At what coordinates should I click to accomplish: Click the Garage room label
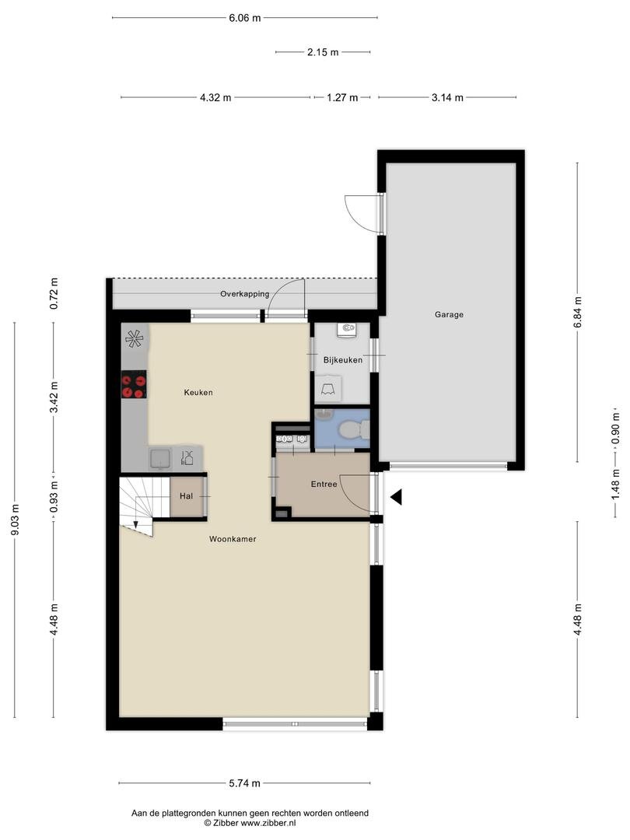point(449,315)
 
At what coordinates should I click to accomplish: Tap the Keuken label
point(198,393)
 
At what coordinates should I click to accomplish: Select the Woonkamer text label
point(233,538)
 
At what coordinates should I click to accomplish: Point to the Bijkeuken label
point(343,360)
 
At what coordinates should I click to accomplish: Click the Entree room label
point(324,484)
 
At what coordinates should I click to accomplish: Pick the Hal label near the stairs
point(186,495)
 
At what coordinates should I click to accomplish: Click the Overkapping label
point(244,294)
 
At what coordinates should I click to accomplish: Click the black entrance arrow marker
point(396,497)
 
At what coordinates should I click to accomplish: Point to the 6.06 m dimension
point(244,17)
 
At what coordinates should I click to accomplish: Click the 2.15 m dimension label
point(323,53)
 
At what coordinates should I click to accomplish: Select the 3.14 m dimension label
point(447,98)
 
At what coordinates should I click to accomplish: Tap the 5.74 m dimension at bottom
point(244,783)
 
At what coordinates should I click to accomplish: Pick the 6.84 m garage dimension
point(577,312)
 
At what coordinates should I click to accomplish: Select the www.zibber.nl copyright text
point(249,823)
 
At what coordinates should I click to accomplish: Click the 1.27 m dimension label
point(342,98)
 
